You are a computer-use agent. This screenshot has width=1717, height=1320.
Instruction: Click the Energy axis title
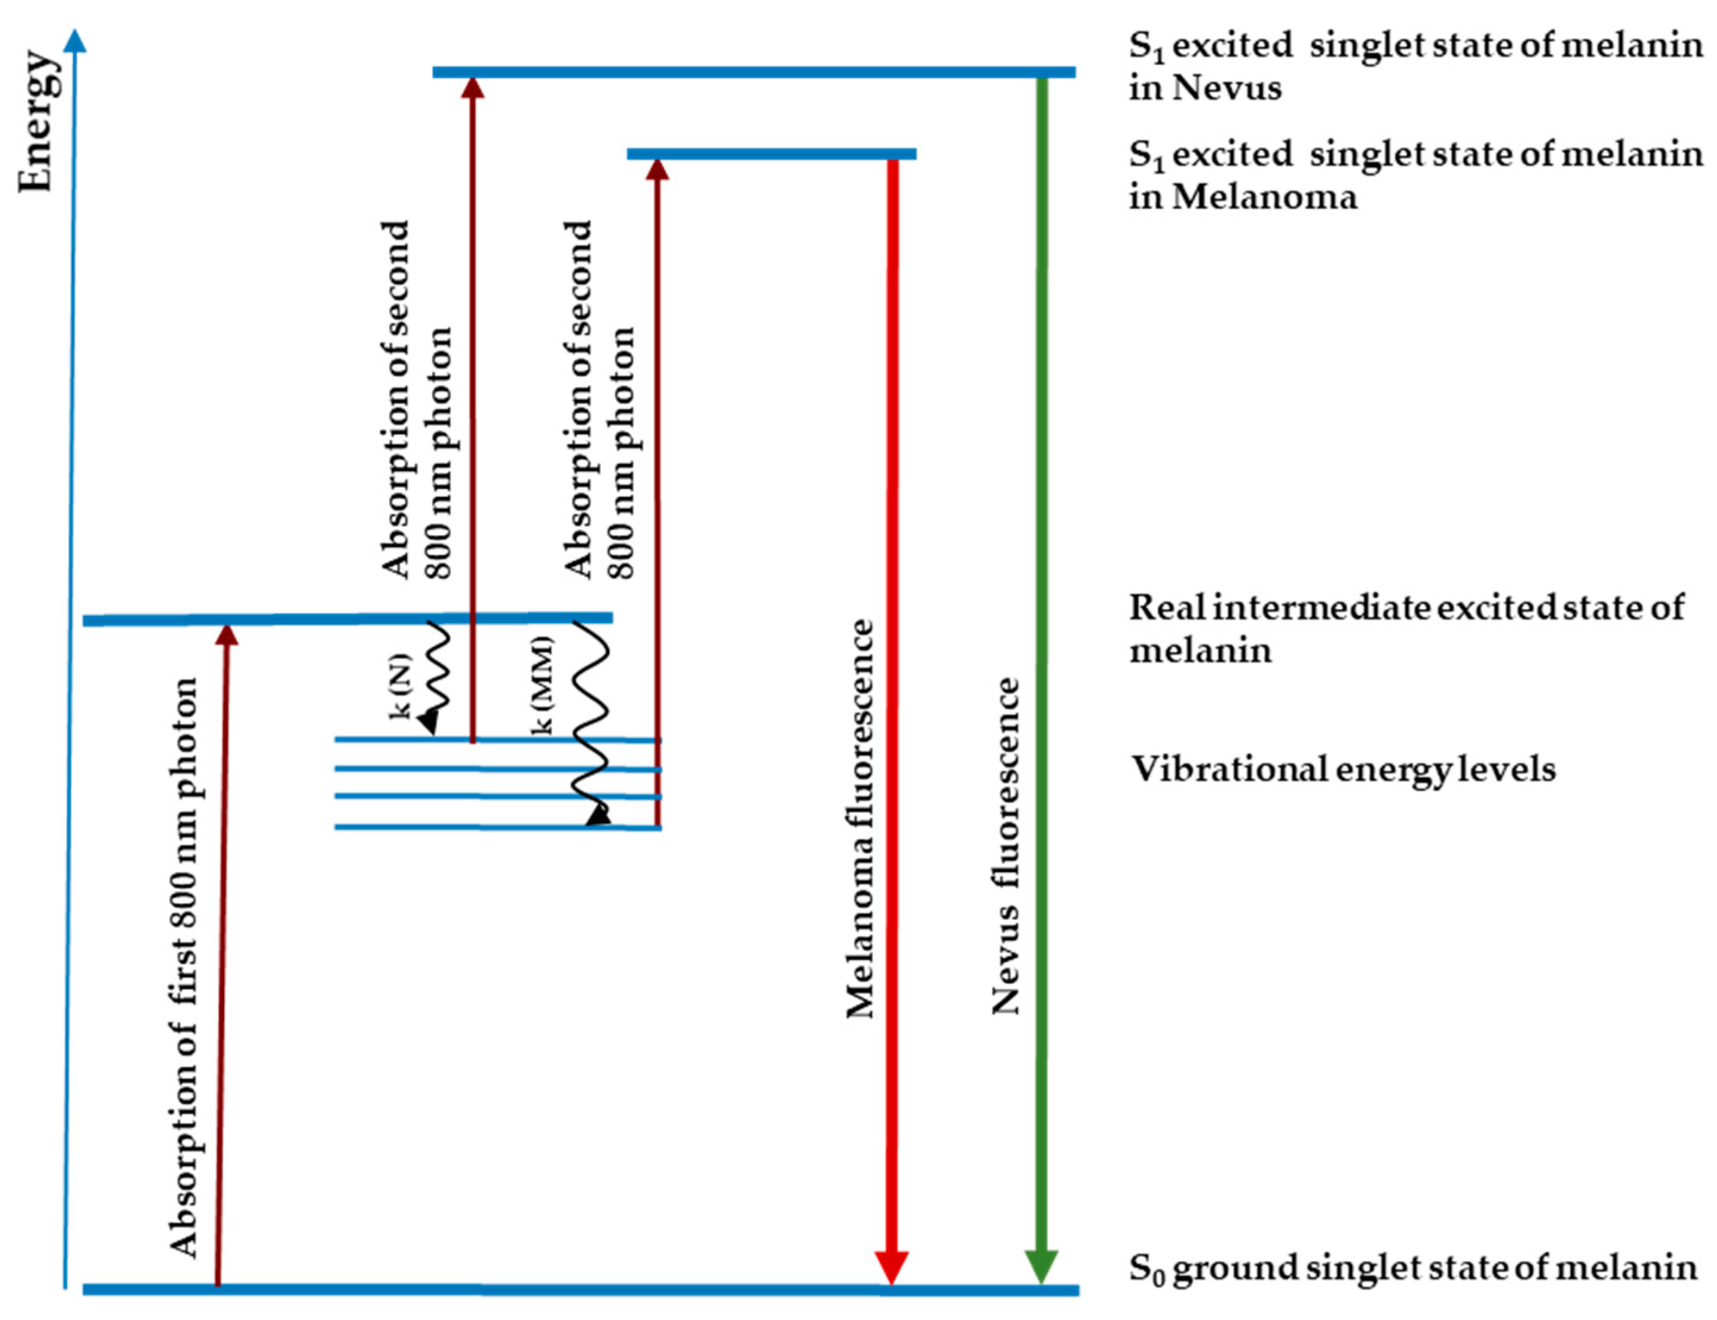[37, 122]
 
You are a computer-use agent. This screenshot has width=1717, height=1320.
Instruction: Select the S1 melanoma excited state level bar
[771, 154]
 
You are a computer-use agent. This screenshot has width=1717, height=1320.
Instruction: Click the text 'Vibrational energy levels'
[1343, 770]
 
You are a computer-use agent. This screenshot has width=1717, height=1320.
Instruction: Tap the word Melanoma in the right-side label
[1265, 196]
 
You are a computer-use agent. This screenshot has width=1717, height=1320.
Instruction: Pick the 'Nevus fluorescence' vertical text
[1006, 848]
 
